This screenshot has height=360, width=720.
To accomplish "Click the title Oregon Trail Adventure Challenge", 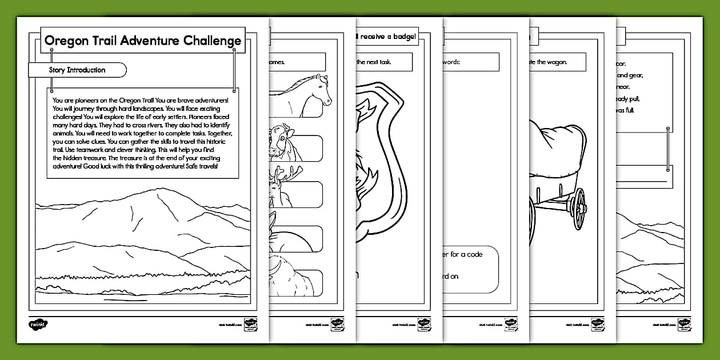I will coord(143,41).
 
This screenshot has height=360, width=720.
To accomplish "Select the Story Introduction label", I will coord(77,70).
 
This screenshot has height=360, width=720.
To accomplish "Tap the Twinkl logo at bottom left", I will coord(39,323).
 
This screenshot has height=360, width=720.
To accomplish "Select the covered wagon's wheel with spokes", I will coord(578,208).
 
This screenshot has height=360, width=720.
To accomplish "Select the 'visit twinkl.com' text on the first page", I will coord(229,324).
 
